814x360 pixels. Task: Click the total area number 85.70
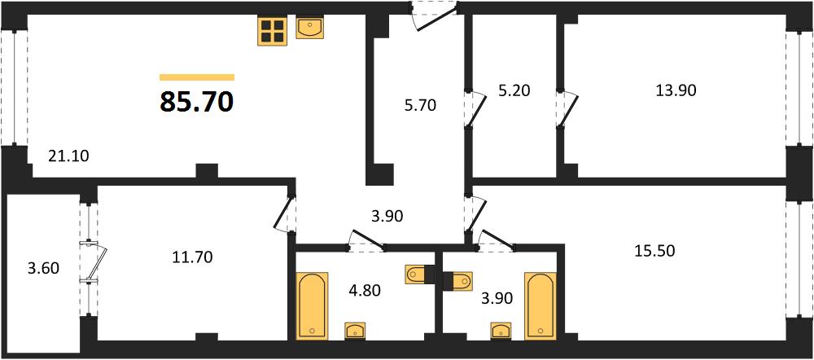[197, 102]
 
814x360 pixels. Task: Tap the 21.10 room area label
[68, 156]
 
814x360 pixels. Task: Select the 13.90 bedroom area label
[676, 90]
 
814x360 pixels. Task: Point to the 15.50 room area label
[654, 252]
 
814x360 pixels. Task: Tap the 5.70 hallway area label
[421, 106]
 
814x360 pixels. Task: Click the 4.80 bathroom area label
[365, 290]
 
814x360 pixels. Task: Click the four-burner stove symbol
[272, 31]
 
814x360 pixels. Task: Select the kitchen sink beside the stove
[310, 27]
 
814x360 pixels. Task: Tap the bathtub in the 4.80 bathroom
[312, 305]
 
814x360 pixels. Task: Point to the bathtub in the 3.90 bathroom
[540, 305]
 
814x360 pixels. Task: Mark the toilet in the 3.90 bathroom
[458, 281]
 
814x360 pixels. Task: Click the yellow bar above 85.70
[197, 77]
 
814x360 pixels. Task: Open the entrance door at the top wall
[435, 16]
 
